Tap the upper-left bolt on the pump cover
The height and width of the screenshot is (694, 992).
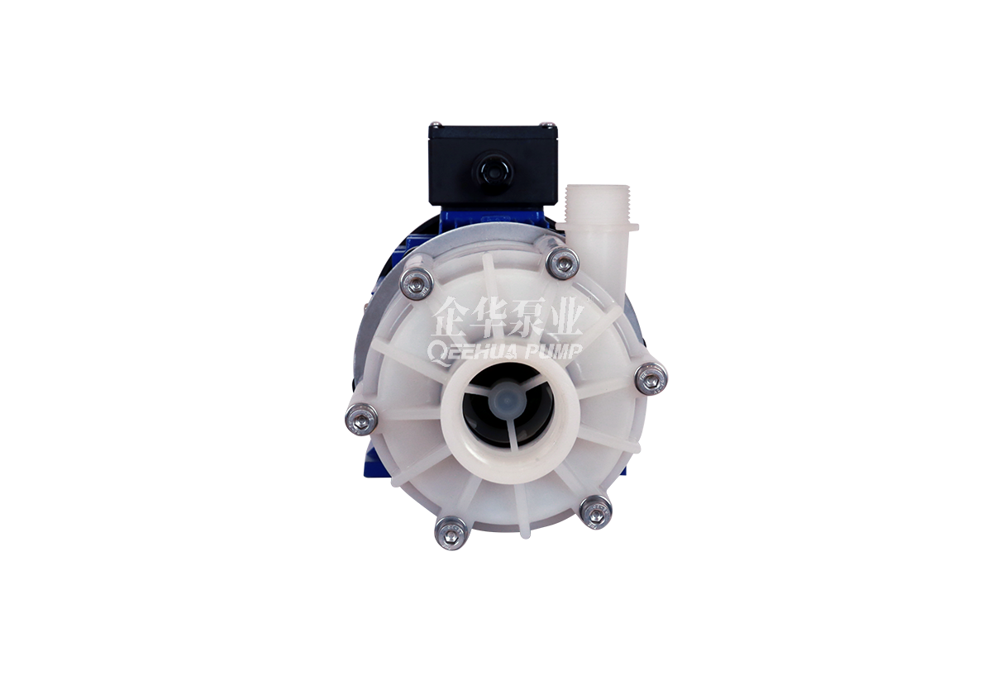[417, 284]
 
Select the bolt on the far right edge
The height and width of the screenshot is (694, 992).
[651, 377]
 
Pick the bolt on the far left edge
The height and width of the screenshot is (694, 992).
[362, 418]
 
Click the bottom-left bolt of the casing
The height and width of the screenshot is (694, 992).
[451, 534]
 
